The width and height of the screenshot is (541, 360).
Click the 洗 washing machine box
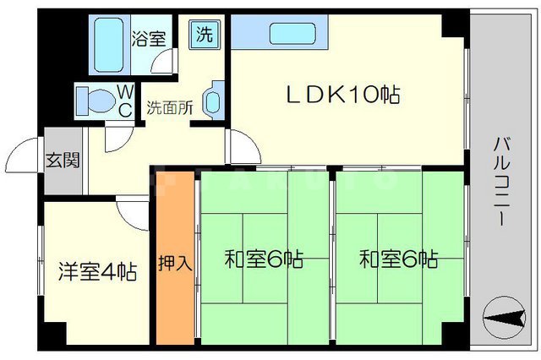coord(205,35)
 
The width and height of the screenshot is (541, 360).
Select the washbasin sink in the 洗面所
coord(212,100)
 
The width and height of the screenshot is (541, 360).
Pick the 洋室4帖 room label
coord(97,272)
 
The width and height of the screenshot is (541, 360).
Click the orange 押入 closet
coord(175,262)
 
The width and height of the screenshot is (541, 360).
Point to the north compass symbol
coord(508,319)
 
